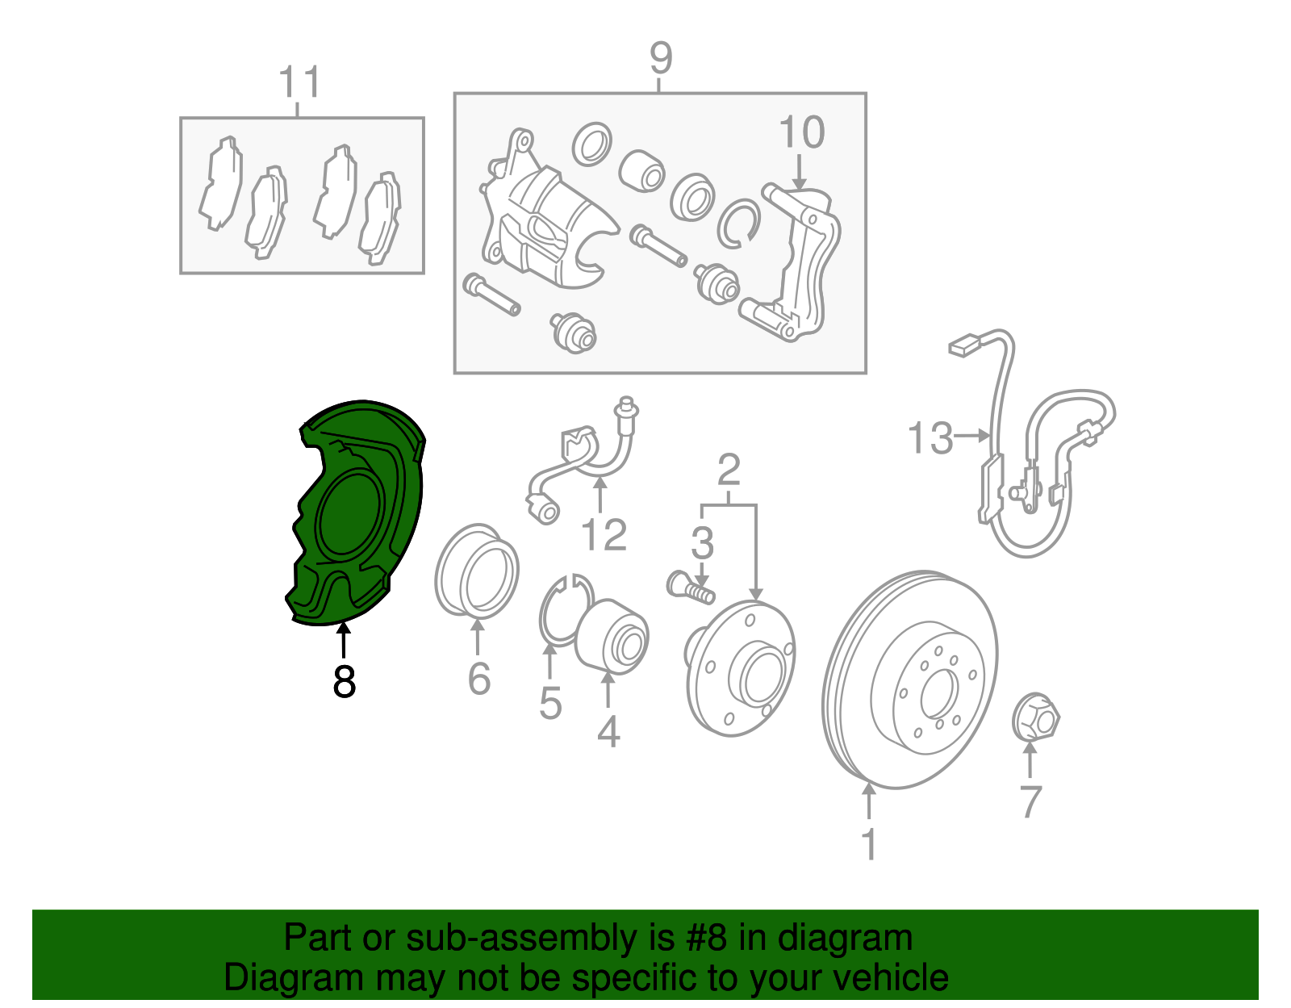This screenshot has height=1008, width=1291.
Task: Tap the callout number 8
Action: tap(344, 681)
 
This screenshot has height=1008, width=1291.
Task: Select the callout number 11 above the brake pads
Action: tap(300, 82)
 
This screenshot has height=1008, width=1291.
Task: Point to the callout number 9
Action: tap(661, 58)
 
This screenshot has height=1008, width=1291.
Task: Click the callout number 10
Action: tap(801, 132)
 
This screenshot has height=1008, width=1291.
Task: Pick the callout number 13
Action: tap(930, 437)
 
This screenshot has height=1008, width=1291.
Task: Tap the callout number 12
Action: tap(604, 535)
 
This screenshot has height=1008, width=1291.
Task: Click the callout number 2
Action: tap(729, 469)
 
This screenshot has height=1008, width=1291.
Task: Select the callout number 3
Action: tap(702, 542)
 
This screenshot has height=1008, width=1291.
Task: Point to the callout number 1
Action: tap(869, 843)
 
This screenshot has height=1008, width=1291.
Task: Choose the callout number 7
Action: tap(1030, 801)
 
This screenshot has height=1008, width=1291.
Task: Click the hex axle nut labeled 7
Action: tap(1035, 717)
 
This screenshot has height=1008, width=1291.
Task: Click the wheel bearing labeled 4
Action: tap(612, 637)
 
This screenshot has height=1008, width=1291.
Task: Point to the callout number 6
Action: tap(478, 678)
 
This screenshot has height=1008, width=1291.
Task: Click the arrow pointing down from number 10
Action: tap(800, 172)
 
